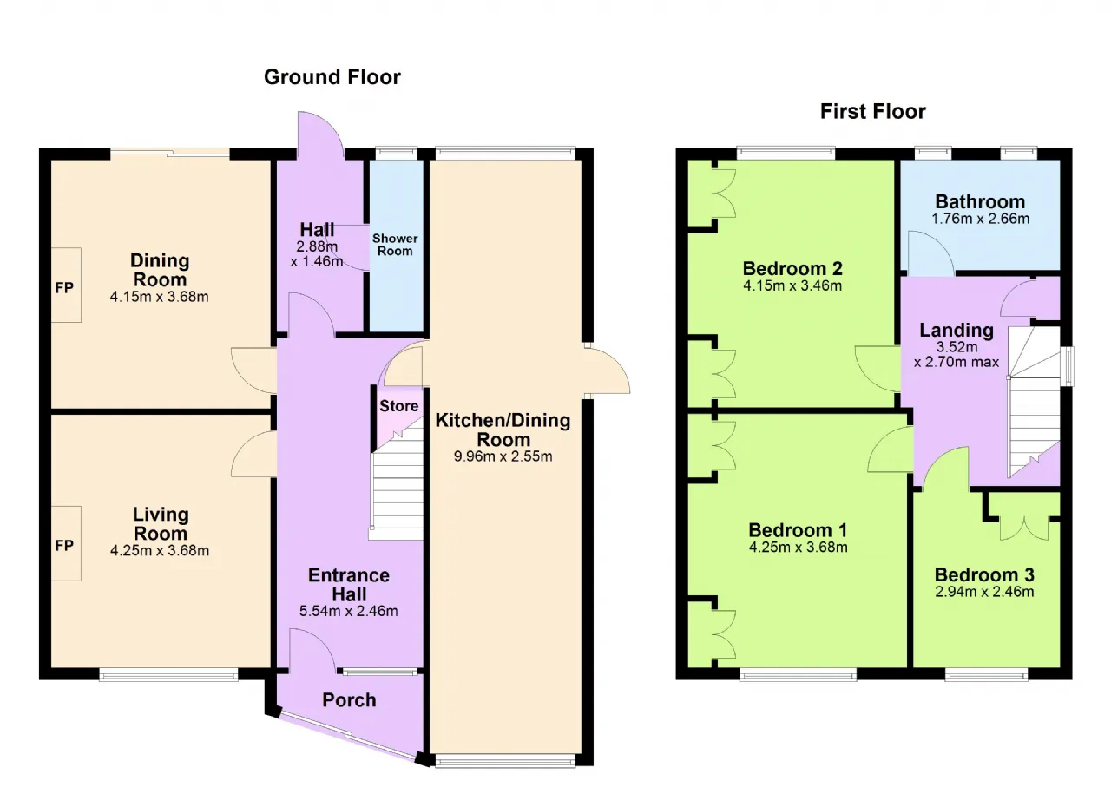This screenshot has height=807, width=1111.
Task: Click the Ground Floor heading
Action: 332,77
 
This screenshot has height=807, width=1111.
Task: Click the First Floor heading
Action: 873,112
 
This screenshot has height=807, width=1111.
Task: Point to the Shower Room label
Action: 395,245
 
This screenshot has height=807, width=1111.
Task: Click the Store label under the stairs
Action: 398,406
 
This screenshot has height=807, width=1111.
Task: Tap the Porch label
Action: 349,700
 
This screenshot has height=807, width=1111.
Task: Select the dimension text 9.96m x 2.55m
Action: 503,456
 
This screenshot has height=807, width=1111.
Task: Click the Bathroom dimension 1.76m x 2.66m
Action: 980,219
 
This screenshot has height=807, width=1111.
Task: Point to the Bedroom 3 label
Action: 984,575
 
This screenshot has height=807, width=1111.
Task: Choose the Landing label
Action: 957,331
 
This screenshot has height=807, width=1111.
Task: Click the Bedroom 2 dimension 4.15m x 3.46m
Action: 792,285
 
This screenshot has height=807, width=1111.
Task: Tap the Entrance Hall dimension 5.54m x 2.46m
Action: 349,611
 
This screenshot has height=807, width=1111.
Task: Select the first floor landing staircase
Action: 1034,402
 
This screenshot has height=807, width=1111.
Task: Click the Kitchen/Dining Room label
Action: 503,430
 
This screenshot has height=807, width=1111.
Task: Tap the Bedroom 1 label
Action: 798,530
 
